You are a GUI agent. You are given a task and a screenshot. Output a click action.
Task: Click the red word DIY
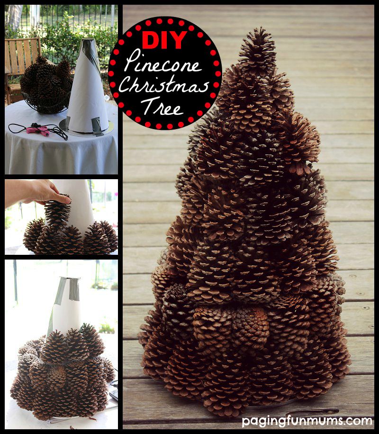coord(164,40)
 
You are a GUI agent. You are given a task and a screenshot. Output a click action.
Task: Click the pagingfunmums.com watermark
coord(307,421)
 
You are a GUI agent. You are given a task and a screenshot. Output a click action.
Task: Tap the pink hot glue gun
coord(38,130)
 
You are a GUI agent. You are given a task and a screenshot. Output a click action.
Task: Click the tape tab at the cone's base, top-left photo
coord(96,125)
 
